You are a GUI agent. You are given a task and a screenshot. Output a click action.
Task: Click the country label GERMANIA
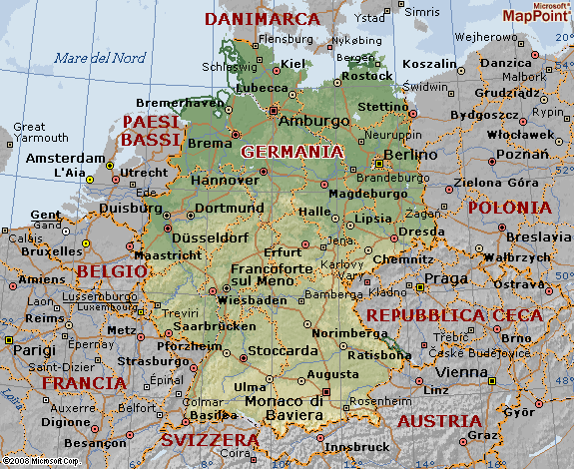pyautogui.click(x=291, y=152)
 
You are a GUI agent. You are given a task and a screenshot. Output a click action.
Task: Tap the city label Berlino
pyautogui.click(x=410, y=155)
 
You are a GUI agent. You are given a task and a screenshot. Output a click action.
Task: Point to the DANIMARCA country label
pyautogui.click(x=262, y=19)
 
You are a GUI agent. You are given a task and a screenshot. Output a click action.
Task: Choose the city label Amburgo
pyautogui.click(x=314, y=121)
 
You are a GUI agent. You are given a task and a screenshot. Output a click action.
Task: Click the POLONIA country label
pyautogui.click(x=508, y=208)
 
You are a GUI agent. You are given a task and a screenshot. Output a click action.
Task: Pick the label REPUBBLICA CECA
pyautogui.click(x=454, y=315)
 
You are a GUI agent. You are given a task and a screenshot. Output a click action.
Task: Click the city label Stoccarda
pyautogui.click(x=285, y=350)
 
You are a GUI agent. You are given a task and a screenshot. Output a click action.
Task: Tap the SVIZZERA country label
pyautogui.click(x=211, y=439)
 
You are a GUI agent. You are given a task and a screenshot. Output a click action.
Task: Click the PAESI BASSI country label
pyautogui.click(x=151, y=131)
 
